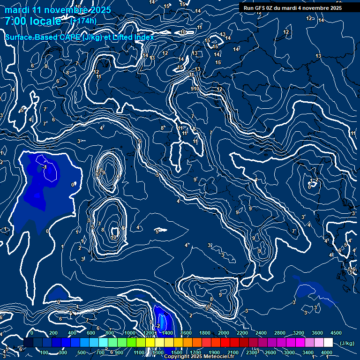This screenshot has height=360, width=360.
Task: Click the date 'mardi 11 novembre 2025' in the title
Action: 58,10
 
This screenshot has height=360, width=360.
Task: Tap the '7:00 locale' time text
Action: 33,21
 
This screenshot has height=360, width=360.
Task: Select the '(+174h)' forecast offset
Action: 83,21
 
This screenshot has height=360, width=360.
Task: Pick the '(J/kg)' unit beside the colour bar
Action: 346,344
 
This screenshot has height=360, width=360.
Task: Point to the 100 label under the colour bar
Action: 45,352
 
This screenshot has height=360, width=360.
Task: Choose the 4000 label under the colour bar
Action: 327,352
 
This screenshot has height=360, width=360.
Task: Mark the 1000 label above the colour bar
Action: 129,333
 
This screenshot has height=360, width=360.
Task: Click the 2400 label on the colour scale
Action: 261,333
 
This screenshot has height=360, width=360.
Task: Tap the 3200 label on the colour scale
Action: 299,333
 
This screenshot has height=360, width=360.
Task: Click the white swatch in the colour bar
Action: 328,343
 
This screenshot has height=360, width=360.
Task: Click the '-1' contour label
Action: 45,167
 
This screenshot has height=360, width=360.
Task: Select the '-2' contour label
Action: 158,325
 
